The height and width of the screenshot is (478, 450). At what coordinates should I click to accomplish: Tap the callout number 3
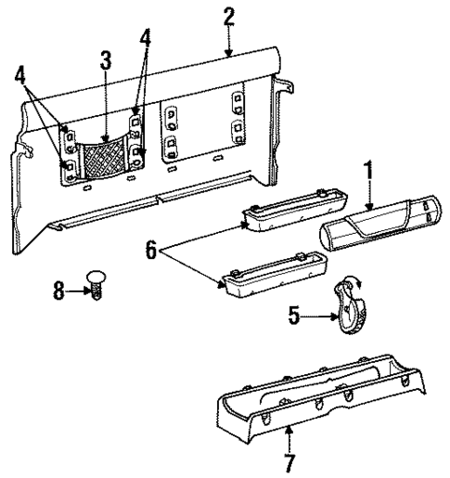107,62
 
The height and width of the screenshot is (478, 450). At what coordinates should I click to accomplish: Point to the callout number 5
295,317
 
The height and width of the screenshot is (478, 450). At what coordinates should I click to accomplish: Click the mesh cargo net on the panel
104,157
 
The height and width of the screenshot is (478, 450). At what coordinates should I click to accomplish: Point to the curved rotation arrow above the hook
350,280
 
